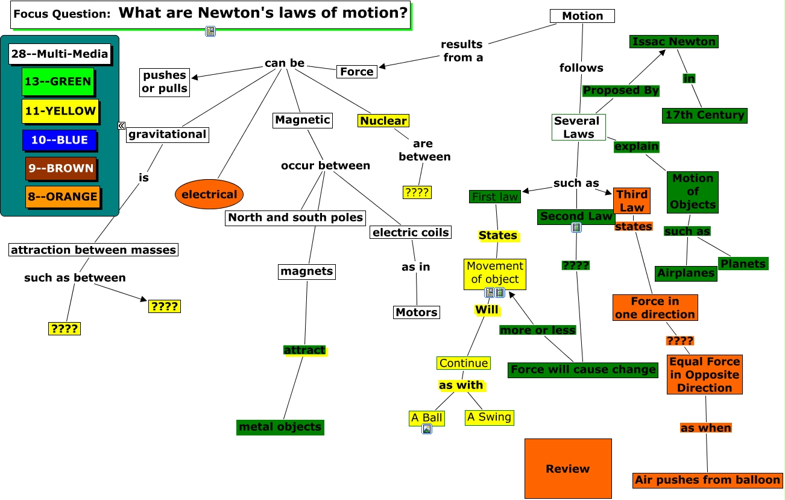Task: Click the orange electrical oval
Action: tap(209, 194)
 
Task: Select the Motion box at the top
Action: tap(582, 16)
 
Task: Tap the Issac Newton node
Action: tap(673, 42)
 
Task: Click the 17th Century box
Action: tap(704, 115)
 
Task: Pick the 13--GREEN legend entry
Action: tap(58, 82)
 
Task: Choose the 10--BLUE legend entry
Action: tap(59, 140)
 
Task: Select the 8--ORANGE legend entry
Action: tap(62, 197)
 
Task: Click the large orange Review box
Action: tap(567, 469)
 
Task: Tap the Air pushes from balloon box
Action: tap(707, 480)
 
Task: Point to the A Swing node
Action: tap(489, 417)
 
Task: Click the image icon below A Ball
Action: tap(427, 429)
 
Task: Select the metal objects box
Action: tap(280, 427)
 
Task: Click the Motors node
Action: tap(416, 312)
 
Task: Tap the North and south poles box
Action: tap(295, 217)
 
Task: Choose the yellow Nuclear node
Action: tap(383, 121)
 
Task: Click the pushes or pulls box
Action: tap(165, 82)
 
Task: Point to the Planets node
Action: tap(743, 264)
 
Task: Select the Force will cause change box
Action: tap(582, 369)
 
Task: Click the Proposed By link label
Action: tap(620, 90)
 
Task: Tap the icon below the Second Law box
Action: tap(576, 227)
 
